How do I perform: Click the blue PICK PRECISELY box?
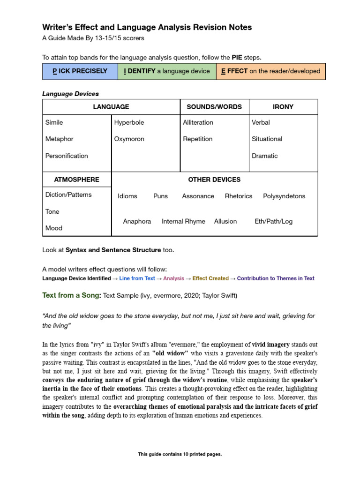tap(80, 71)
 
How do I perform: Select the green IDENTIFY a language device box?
tap(167, 71)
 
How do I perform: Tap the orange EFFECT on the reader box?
tap(270, 71)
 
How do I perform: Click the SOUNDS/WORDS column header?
tap(214, 107)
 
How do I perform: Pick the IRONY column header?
tap(283, 107)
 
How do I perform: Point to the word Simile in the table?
tap(54, 122)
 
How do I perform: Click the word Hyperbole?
tap(129, 122)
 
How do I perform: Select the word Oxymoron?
tap(129, 139)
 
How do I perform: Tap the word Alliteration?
tap(198, 122)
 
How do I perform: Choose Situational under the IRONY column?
tap(267, 139)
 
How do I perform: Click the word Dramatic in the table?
tap(264, 156)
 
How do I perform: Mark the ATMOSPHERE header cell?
tap(76, 180)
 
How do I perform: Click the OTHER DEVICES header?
tap(214, 180)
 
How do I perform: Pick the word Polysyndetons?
tap(284, 196)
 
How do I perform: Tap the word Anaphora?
tap(137, 221)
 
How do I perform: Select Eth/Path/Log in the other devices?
tap(273, 221)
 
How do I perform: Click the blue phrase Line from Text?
tap(137, 278)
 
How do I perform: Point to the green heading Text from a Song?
tap(71, 295)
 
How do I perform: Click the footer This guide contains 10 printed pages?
tap(180, 454)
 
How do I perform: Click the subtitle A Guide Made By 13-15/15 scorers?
tap(93, 38)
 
